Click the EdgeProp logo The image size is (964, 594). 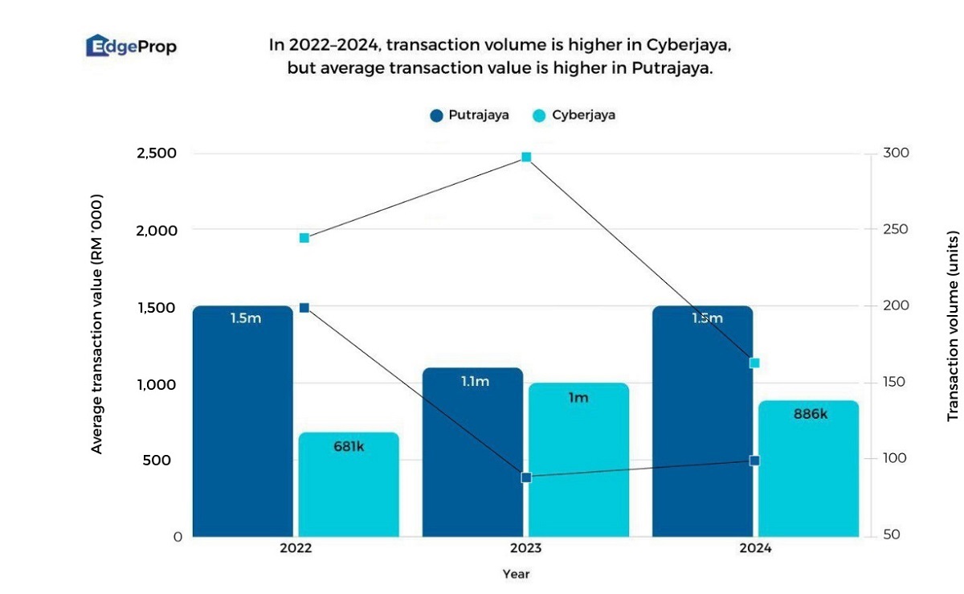(131, 47)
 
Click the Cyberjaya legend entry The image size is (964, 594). (573, 115)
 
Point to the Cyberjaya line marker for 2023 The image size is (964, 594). (526, 157)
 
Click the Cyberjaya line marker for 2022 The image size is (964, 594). (304, 238)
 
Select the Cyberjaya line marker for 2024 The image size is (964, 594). (754, 363)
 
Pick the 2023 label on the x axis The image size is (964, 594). (526, 548)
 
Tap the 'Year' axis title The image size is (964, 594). (516, 574)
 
